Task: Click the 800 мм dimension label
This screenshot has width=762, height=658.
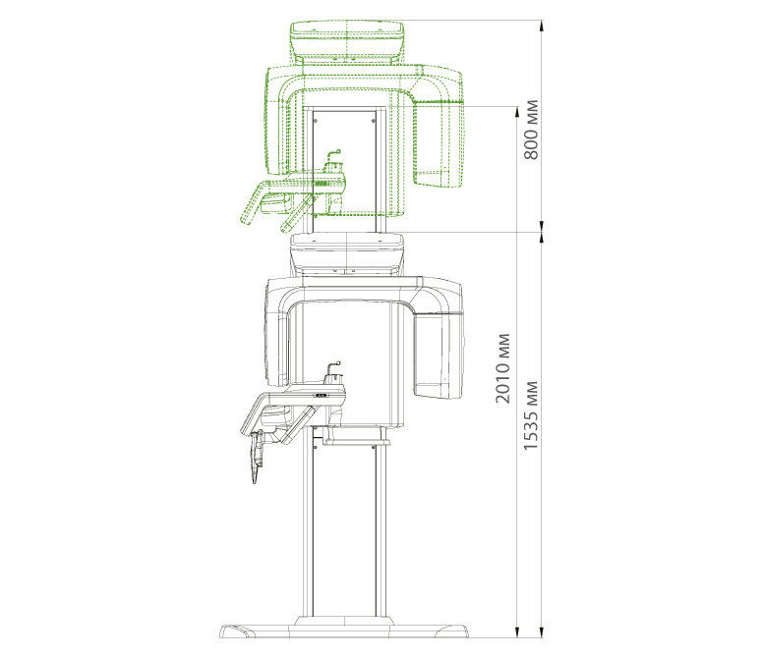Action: pyautogui.click(x=531, y=130)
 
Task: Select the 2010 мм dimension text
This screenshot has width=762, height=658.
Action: pyautogui.click(x=503, y=368)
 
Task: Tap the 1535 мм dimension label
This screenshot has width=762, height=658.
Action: pyautogui.click(x=531, y=415)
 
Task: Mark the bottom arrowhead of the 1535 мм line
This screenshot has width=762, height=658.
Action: pyautogui.click(x=542, y=631)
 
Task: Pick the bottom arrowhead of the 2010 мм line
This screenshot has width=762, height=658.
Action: pyautogui.click(x=516, y=631)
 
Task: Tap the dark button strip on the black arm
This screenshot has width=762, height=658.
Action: pyautogui.click(x=321, y=396)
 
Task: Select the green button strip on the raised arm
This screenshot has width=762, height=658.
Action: pyautogui.click(x=321, y=185)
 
